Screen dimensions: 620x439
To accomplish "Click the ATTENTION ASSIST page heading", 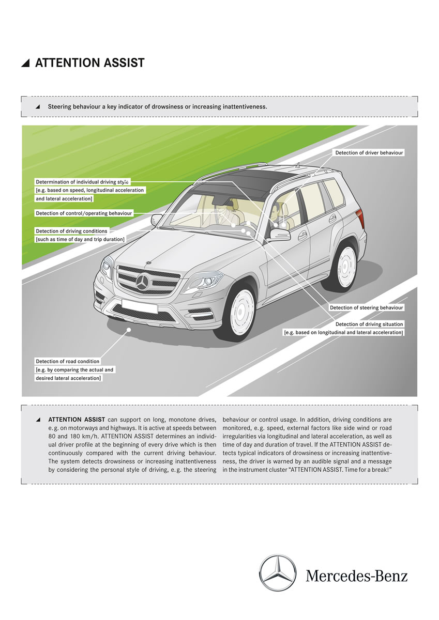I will [89, 64].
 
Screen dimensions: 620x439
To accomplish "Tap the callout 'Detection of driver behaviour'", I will [369, 153].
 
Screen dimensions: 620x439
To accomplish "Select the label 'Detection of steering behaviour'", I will [366, 308].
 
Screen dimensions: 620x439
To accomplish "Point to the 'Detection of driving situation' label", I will [369, 324].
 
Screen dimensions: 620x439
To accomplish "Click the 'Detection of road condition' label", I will [67, 361].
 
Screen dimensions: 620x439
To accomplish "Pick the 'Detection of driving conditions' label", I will [71, 231].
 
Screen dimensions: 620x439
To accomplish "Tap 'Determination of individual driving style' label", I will [82, 182].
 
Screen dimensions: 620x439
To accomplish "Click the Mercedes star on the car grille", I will [142, 282].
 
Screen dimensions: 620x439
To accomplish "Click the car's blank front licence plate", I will [140, 306].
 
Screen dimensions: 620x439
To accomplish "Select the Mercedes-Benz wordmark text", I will [356, 576].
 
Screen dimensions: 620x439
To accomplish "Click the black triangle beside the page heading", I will [25, 64].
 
